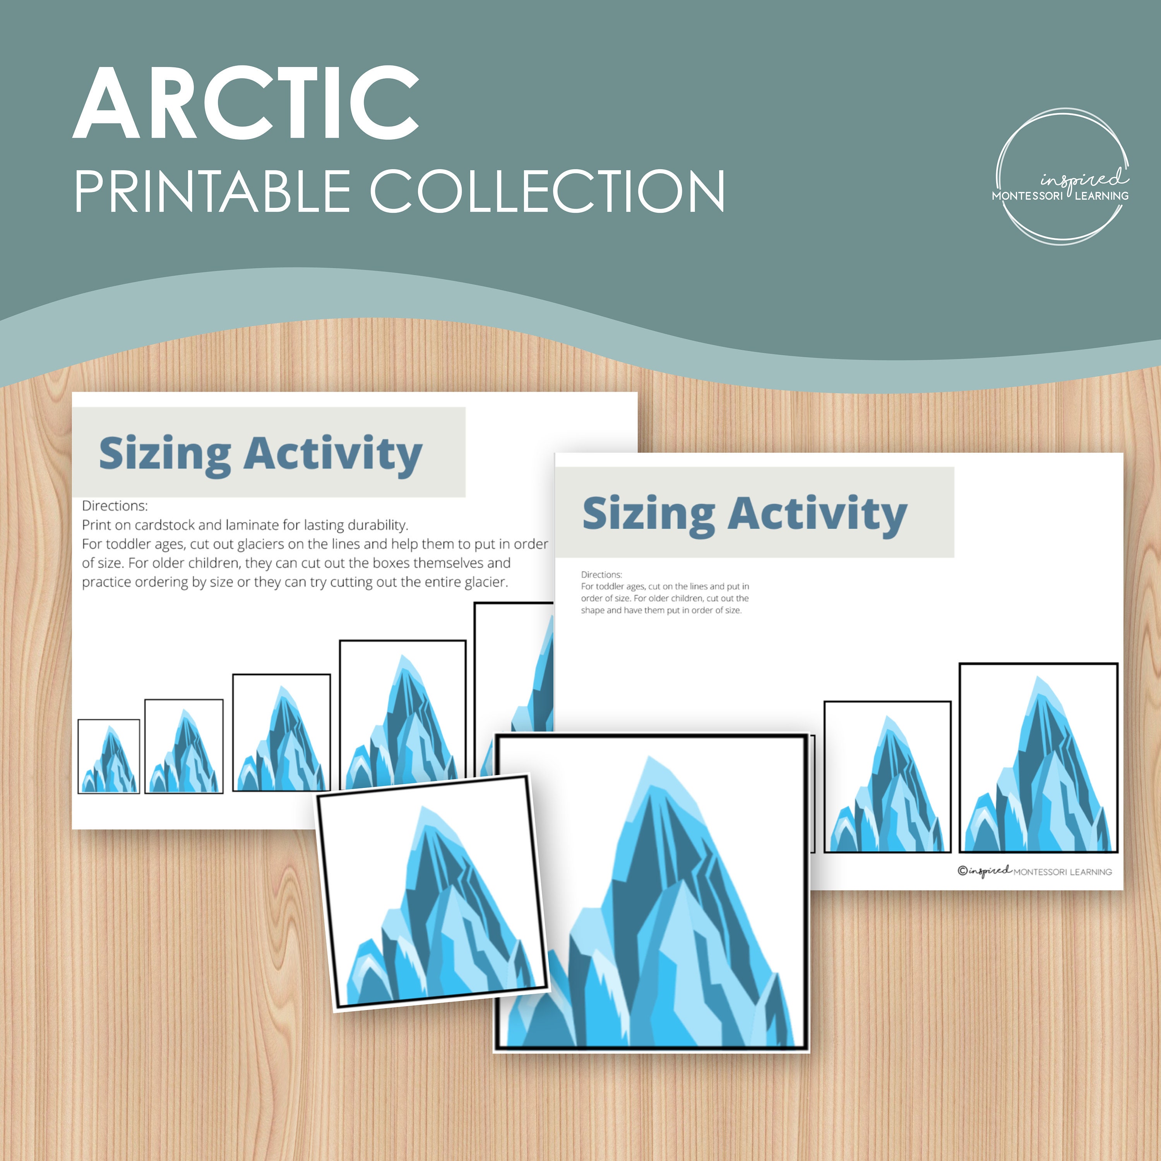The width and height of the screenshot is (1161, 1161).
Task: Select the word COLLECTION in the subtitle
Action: (547, 191)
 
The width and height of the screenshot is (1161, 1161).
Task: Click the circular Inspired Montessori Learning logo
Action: (1061, 177)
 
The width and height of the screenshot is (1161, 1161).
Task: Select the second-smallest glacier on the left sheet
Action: (184, 747)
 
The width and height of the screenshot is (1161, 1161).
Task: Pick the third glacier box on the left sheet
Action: (281, 733)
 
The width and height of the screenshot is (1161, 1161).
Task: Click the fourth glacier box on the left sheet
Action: (402, 715)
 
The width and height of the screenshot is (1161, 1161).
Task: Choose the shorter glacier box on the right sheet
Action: (887, 776)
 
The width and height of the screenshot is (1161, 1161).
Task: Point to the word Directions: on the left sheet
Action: (115, 506)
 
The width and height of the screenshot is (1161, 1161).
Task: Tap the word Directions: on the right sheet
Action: (601, 574)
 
